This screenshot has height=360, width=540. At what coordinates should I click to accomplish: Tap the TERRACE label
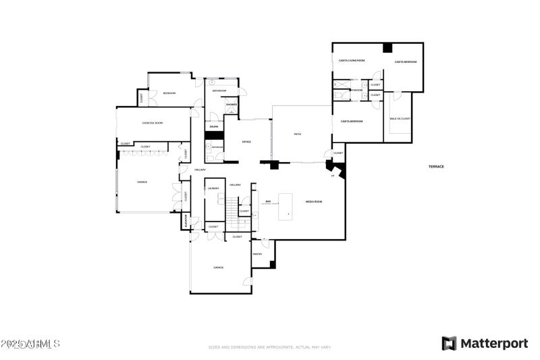[436, 166]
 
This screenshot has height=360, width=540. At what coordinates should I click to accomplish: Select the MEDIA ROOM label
[314, 202]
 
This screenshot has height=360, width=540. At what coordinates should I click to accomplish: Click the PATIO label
[298, 134]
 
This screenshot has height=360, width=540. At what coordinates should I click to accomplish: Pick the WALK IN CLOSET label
[400, 119]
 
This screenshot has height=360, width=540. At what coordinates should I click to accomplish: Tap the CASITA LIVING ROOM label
[352, 61]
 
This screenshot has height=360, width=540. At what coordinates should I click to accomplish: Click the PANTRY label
[257, 254]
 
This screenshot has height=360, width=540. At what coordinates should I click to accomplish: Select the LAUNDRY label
[213, 188]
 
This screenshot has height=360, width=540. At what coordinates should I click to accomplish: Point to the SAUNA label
[213, 126]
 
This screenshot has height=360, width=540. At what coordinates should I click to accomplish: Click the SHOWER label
[232, 105]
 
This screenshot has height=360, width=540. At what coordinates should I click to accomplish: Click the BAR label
[268, 201]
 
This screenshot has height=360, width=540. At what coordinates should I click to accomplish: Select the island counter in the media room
[286, 206]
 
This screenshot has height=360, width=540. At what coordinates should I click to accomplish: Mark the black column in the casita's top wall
[387, 47]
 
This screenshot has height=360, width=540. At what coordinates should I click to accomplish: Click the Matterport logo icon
[449, 343]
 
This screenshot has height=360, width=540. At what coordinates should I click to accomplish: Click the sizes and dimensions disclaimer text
[270, 347]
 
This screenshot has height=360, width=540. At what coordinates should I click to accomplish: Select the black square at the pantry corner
[272, 264]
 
